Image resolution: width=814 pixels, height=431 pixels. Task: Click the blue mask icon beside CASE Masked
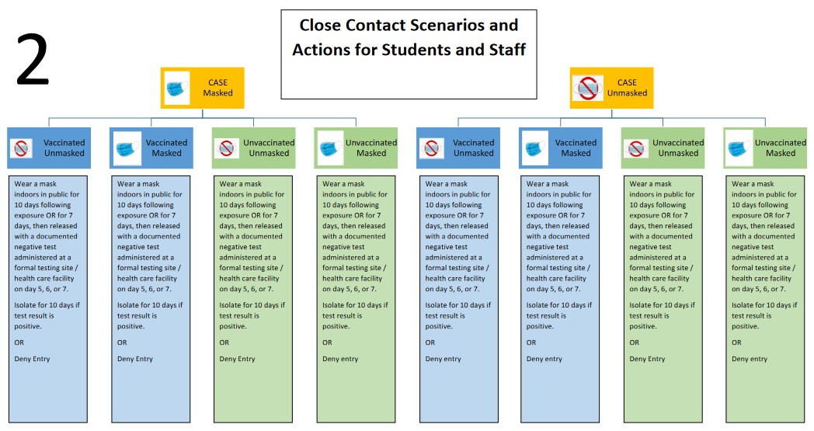(x=177, y=87)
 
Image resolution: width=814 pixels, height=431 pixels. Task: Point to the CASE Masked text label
(x=217, y=88)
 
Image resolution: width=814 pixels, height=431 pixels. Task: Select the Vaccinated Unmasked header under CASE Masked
(x=49, y=148)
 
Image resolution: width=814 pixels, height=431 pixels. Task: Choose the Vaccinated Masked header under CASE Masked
(x=151, y=148)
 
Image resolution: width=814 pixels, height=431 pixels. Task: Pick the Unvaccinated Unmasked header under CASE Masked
(x=253, y=148)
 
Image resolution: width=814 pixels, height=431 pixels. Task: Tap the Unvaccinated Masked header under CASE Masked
(x=356, y=148)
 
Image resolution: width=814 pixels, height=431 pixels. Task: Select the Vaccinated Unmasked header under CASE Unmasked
(x=458, y=148)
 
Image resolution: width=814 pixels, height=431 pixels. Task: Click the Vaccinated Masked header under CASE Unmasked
(x=560, y=148)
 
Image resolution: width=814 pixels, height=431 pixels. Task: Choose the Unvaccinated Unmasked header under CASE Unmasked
(x=663, y=148)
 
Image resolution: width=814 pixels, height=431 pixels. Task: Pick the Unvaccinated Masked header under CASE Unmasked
(x=765, y=148)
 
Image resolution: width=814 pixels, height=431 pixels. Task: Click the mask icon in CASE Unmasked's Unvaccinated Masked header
(x=738, y=148)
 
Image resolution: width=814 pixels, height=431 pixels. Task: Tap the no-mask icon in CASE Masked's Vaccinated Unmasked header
(x=22, y=148)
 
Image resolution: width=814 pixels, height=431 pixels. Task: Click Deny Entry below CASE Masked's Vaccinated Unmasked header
(x=29, y=359)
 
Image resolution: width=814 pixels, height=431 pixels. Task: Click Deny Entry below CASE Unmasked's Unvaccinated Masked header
(x=750, y=359)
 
